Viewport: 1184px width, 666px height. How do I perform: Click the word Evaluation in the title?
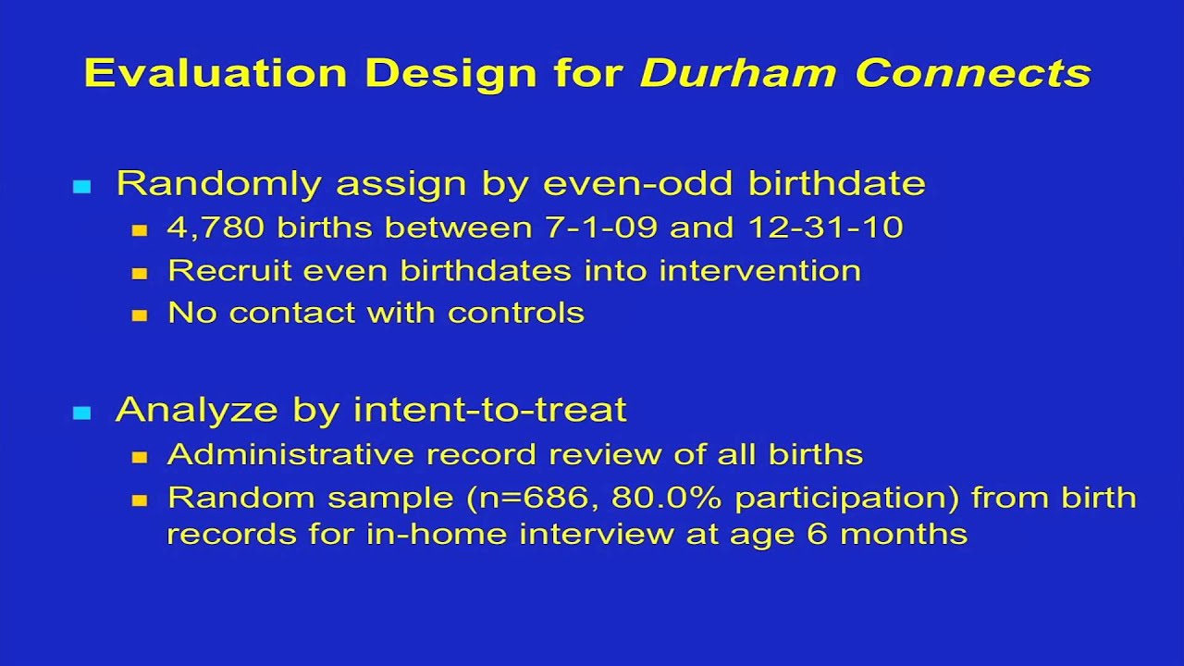point(216,73)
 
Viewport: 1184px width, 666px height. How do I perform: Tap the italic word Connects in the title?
point(973,73)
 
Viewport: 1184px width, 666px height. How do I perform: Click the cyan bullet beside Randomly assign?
point(82,187)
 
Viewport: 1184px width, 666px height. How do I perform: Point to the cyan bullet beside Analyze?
point(82,413)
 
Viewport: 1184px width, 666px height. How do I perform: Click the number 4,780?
point(216,228)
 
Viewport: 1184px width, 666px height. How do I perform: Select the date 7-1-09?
point(601,228)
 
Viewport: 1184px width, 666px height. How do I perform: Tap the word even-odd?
point(637,183)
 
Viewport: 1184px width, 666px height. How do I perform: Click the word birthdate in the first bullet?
point(837,183)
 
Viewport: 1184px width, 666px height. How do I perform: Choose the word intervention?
point(760,271)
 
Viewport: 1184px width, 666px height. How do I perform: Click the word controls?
point(516,313)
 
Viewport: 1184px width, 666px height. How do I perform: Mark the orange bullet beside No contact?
point(140,315)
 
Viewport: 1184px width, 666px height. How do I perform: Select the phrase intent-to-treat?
point(490,410)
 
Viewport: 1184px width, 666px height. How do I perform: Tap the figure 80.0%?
point(666,498)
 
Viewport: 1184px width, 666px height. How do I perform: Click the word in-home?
point(437,534)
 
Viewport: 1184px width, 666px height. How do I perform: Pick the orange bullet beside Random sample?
point(140,500)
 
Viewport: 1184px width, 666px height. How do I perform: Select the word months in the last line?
point(904,534)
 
